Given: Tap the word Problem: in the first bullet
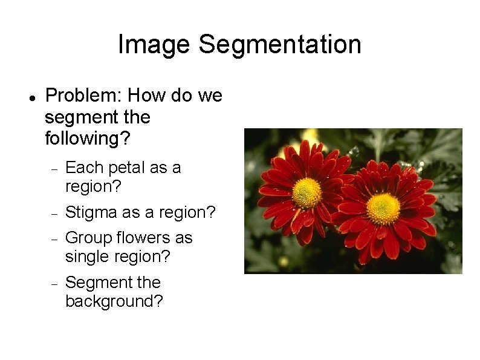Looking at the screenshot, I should click(83, 96).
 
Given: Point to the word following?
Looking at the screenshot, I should click(87, 138).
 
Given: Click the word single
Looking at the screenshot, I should click(88, 257).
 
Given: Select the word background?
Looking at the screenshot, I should click(114, 301).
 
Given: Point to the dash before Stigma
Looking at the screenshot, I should click(54, 214).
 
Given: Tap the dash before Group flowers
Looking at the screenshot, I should click(54, 240).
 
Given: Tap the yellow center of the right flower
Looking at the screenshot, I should click(383, 209).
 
